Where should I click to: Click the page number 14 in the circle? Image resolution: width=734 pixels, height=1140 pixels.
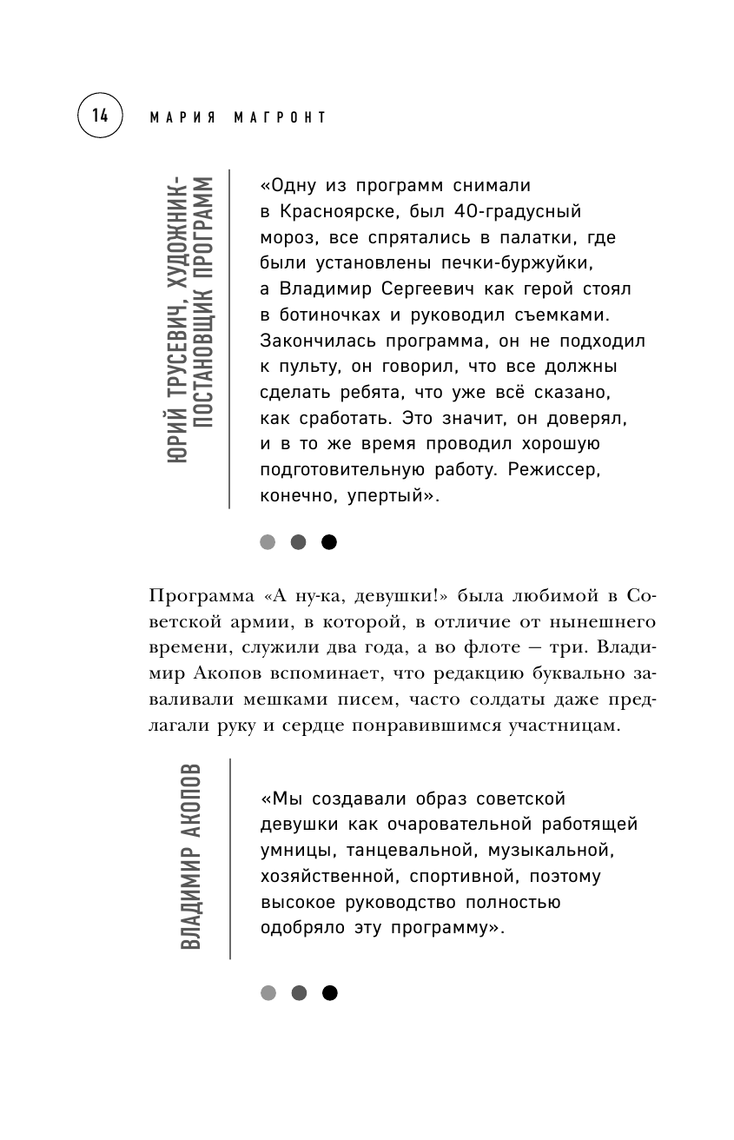point(100,116)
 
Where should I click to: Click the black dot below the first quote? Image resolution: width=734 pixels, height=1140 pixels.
point(328,542)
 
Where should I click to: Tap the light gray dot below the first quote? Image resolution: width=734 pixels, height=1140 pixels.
point(268,542)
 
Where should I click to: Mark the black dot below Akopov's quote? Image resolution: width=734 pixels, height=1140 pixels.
point(328,992)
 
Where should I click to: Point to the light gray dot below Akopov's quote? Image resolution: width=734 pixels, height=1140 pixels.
point(268,992)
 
